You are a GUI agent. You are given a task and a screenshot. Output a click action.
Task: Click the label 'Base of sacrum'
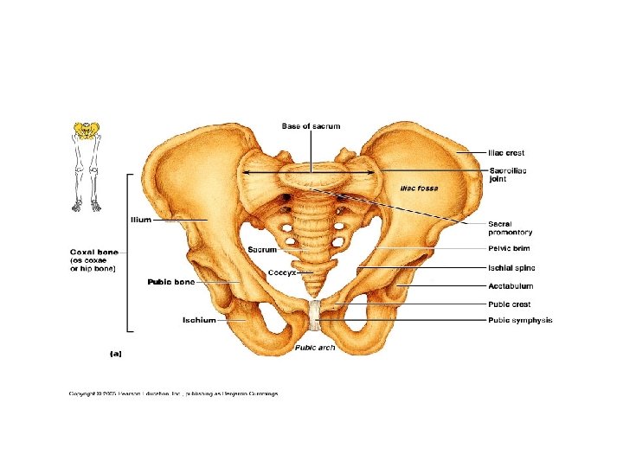[x=311, y=126]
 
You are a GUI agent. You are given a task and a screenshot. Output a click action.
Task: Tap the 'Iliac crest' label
[x=506, y=153]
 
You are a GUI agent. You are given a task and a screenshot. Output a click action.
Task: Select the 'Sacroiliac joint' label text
[x=508, y=175]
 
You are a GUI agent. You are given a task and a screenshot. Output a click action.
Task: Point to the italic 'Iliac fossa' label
[x=419, y=188]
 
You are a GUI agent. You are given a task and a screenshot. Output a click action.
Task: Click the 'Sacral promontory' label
[x=510, y=227]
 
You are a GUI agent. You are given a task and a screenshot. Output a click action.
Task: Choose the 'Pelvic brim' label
[x=508, y=249]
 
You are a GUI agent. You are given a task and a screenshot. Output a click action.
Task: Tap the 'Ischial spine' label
[x=511, y=267]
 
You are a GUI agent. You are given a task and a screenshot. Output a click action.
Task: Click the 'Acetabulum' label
[x=511, y=285]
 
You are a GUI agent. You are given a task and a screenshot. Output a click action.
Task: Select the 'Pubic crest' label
[x=510, y=304]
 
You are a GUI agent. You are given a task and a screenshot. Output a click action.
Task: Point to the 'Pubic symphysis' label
[x=520, y=320]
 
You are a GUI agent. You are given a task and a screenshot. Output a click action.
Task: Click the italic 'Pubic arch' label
[x=315, y=348]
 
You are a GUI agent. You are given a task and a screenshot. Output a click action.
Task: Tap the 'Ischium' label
[x=199, y=320]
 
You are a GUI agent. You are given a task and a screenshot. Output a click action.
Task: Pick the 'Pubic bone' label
[x=171, y=282]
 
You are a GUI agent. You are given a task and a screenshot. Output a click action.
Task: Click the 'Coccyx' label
[x=282, y=272]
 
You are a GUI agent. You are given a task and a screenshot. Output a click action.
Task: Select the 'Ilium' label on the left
[x=140, y=220]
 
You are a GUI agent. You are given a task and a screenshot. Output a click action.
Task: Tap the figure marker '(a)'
[x=115, y=353]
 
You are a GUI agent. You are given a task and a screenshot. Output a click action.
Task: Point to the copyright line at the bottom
[x=174, y=393]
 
